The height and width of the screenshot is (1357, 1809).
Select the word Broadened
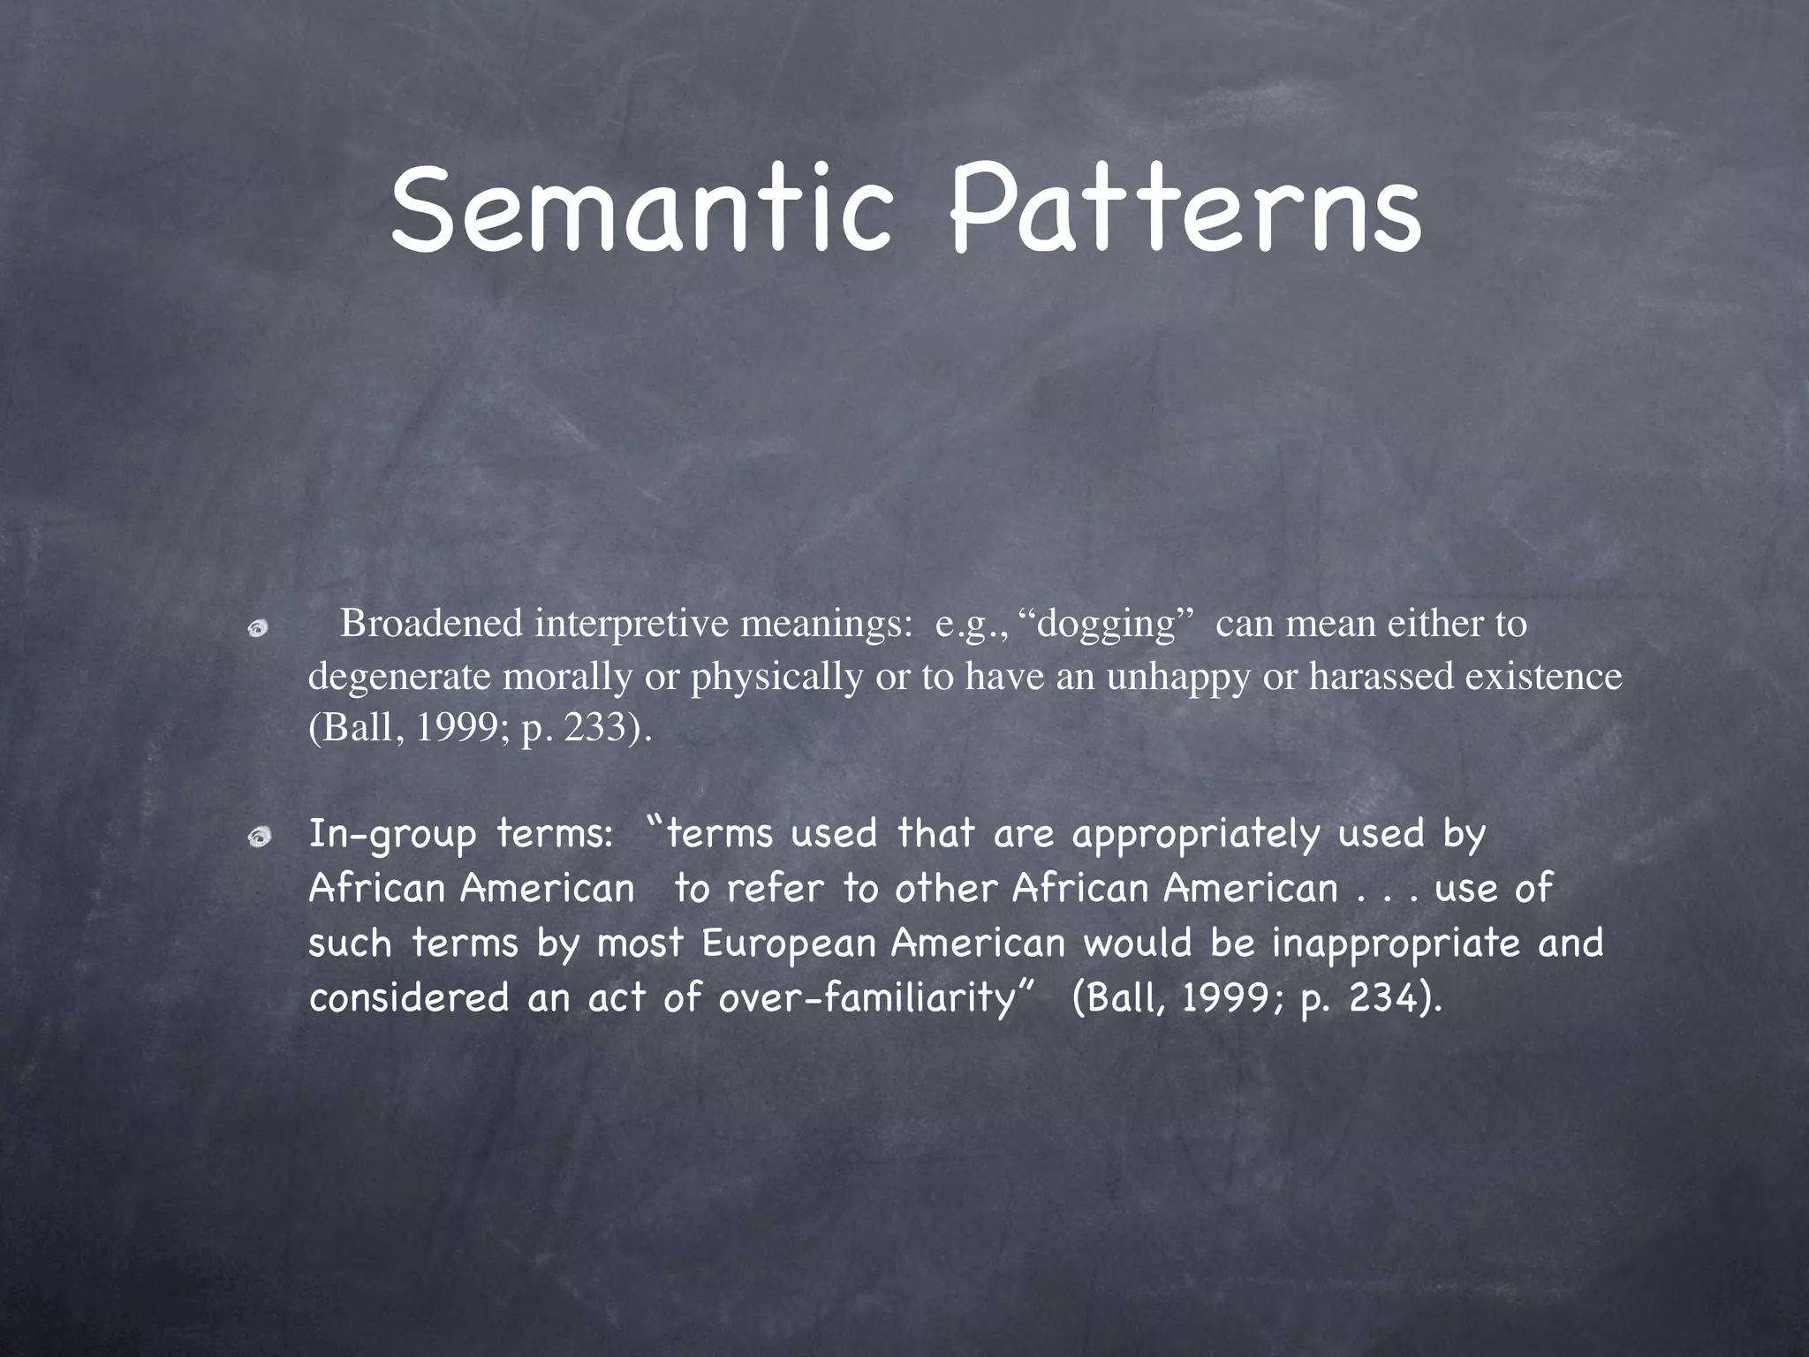coord(432,624)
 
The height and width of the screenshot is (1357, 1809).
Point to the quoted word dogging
coord(1108,624)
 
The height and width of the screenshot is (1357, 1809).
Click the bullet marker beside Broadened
coord(257,628)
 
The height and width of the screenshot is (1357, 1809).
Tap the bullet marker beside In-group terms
coord(257,838)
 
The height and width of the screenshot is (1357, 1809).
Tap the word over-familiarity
coord(865,998)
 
